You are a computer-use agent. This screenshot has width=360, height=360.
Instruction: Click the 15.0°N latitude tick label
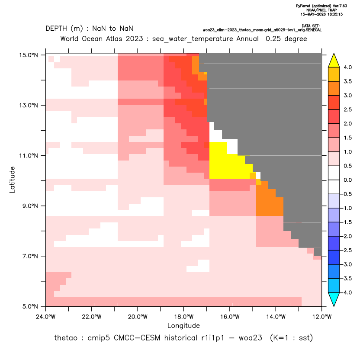pos(29,55)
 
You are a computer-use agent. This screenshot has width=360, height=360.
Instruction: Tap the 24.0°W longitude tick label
pos(46,317)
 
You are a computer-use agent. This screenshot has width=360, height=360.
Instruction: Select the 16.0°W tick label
pos(230,317)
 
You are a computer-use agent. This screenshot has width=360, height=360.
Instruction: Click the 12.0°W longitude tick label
pos(322,317)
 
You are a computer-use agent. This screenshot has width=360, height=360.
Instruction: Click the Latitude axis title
pos(12,180)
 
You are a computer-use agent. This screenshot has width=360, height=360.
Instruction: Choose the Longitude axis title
pos(183,326)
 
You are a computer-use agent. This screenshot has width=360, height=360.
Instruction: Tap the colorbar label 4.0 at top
pos(347,67)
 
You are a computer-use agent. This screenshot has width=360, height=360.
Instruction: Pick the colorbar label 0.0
pos(347,180)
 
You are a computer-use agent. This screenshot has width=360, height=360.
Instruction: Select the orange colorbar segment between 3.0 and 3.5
pos(334,88)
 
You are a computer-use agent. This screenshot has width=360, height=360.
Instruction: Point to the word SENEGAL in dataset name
pos(313,30)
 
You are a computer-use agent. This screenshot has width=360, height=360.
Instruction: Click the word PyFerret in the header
pos(303,6)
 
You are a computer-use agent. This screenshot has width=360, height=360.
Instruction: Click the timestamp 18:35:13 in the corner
pos(335,14)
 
